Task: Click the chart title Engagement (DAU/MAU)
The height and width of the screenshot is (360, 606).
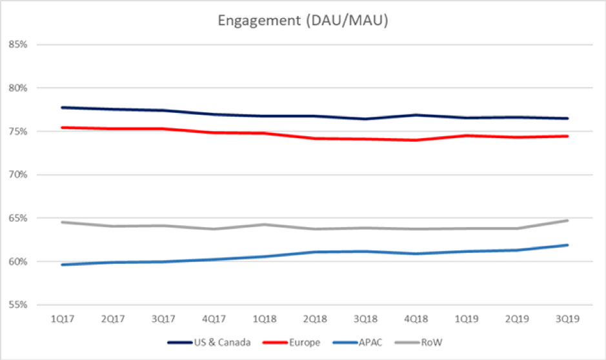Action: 303,21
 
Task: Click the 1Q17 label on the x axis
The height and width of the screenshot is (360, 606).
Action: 63,319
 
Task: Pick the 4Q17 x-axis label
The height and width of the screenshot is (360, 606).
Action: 214,319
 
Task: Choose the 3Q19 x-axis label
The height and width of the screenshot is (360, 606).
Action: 567,319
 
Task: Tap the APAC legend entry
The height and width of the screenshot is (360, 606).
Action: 367,343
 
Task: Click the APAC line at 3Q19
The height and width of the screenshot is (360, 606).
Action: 567,245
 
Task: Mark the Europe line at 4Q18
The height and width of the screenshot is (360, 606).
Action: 416,140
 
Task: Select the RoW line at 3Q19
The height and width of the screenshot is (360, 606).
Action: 567,221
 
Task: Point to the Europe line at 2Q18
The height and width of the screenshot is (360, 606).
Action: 315,138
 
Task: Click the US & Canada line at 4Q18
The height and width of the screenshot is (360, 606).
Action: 416,115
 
